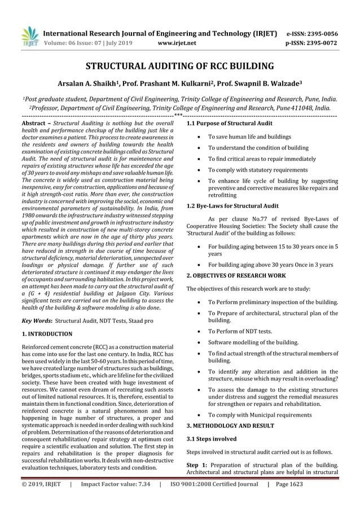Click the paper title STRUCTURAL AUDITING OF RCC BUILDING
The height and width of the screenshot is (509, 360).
pos(179,65)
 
